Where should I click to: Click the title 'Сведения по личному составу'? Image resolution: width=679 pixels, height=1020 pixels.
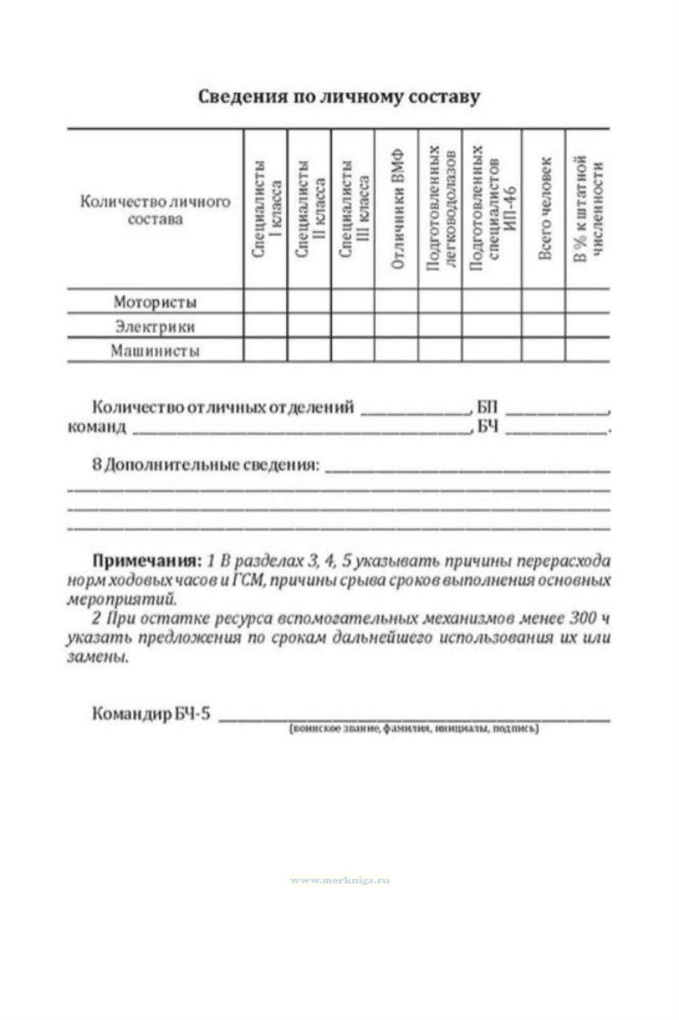tap(339, 97)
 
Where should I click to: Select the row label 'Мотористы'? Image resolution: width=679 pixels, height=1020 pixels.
tap(155, 302)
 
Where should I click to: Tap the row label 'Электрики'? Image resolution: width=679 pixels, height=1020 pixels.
tap(155, 326)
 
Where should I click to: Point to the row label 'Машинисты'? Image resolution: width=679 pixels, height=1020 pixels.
tap(155, 351)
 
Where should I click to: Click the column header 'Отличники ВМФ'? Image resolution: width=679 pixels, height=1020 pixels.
tap(397, 209)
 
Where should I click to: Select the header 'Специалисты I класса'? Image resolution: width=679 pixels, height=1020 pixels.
tap(266, 209)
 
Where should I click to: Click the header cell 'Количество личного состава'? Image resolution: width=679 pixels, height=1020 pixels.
tap(155, 210)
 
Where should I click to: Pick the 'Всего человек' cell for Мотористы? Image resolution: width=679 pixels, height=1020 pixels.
tap(543, 301)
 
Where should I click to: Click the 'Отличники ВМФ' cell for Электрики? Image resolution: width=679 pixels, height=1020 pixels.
tap(396, 326)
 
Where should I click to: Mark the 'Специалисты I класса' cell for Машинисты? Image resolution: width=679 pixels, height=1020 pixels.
tap(265, 350)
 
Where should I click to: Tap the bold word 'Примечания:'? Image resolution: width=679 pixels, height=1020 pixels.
tap(147, 561)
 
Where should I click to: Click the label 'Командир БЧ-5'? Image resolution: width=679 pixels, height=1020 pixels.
tap(151, 713)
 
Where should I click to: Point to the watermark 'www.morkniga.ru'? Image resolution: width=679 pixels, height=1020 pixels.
tap(340, 880)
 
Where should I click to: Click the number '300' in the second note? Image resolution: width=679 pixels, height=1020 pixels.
tap(582, 618)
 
